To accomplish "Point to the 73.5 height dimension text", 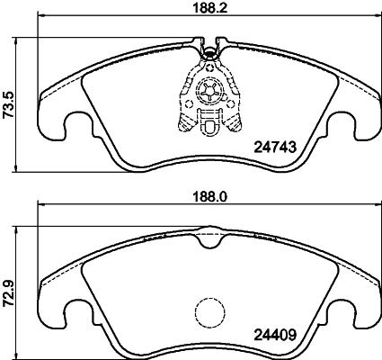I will tap(8, 105).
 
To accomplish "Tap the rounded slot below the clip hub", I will tap(209, 130).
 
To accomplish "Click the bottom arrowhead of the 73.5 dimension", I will tap(21, 170).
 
